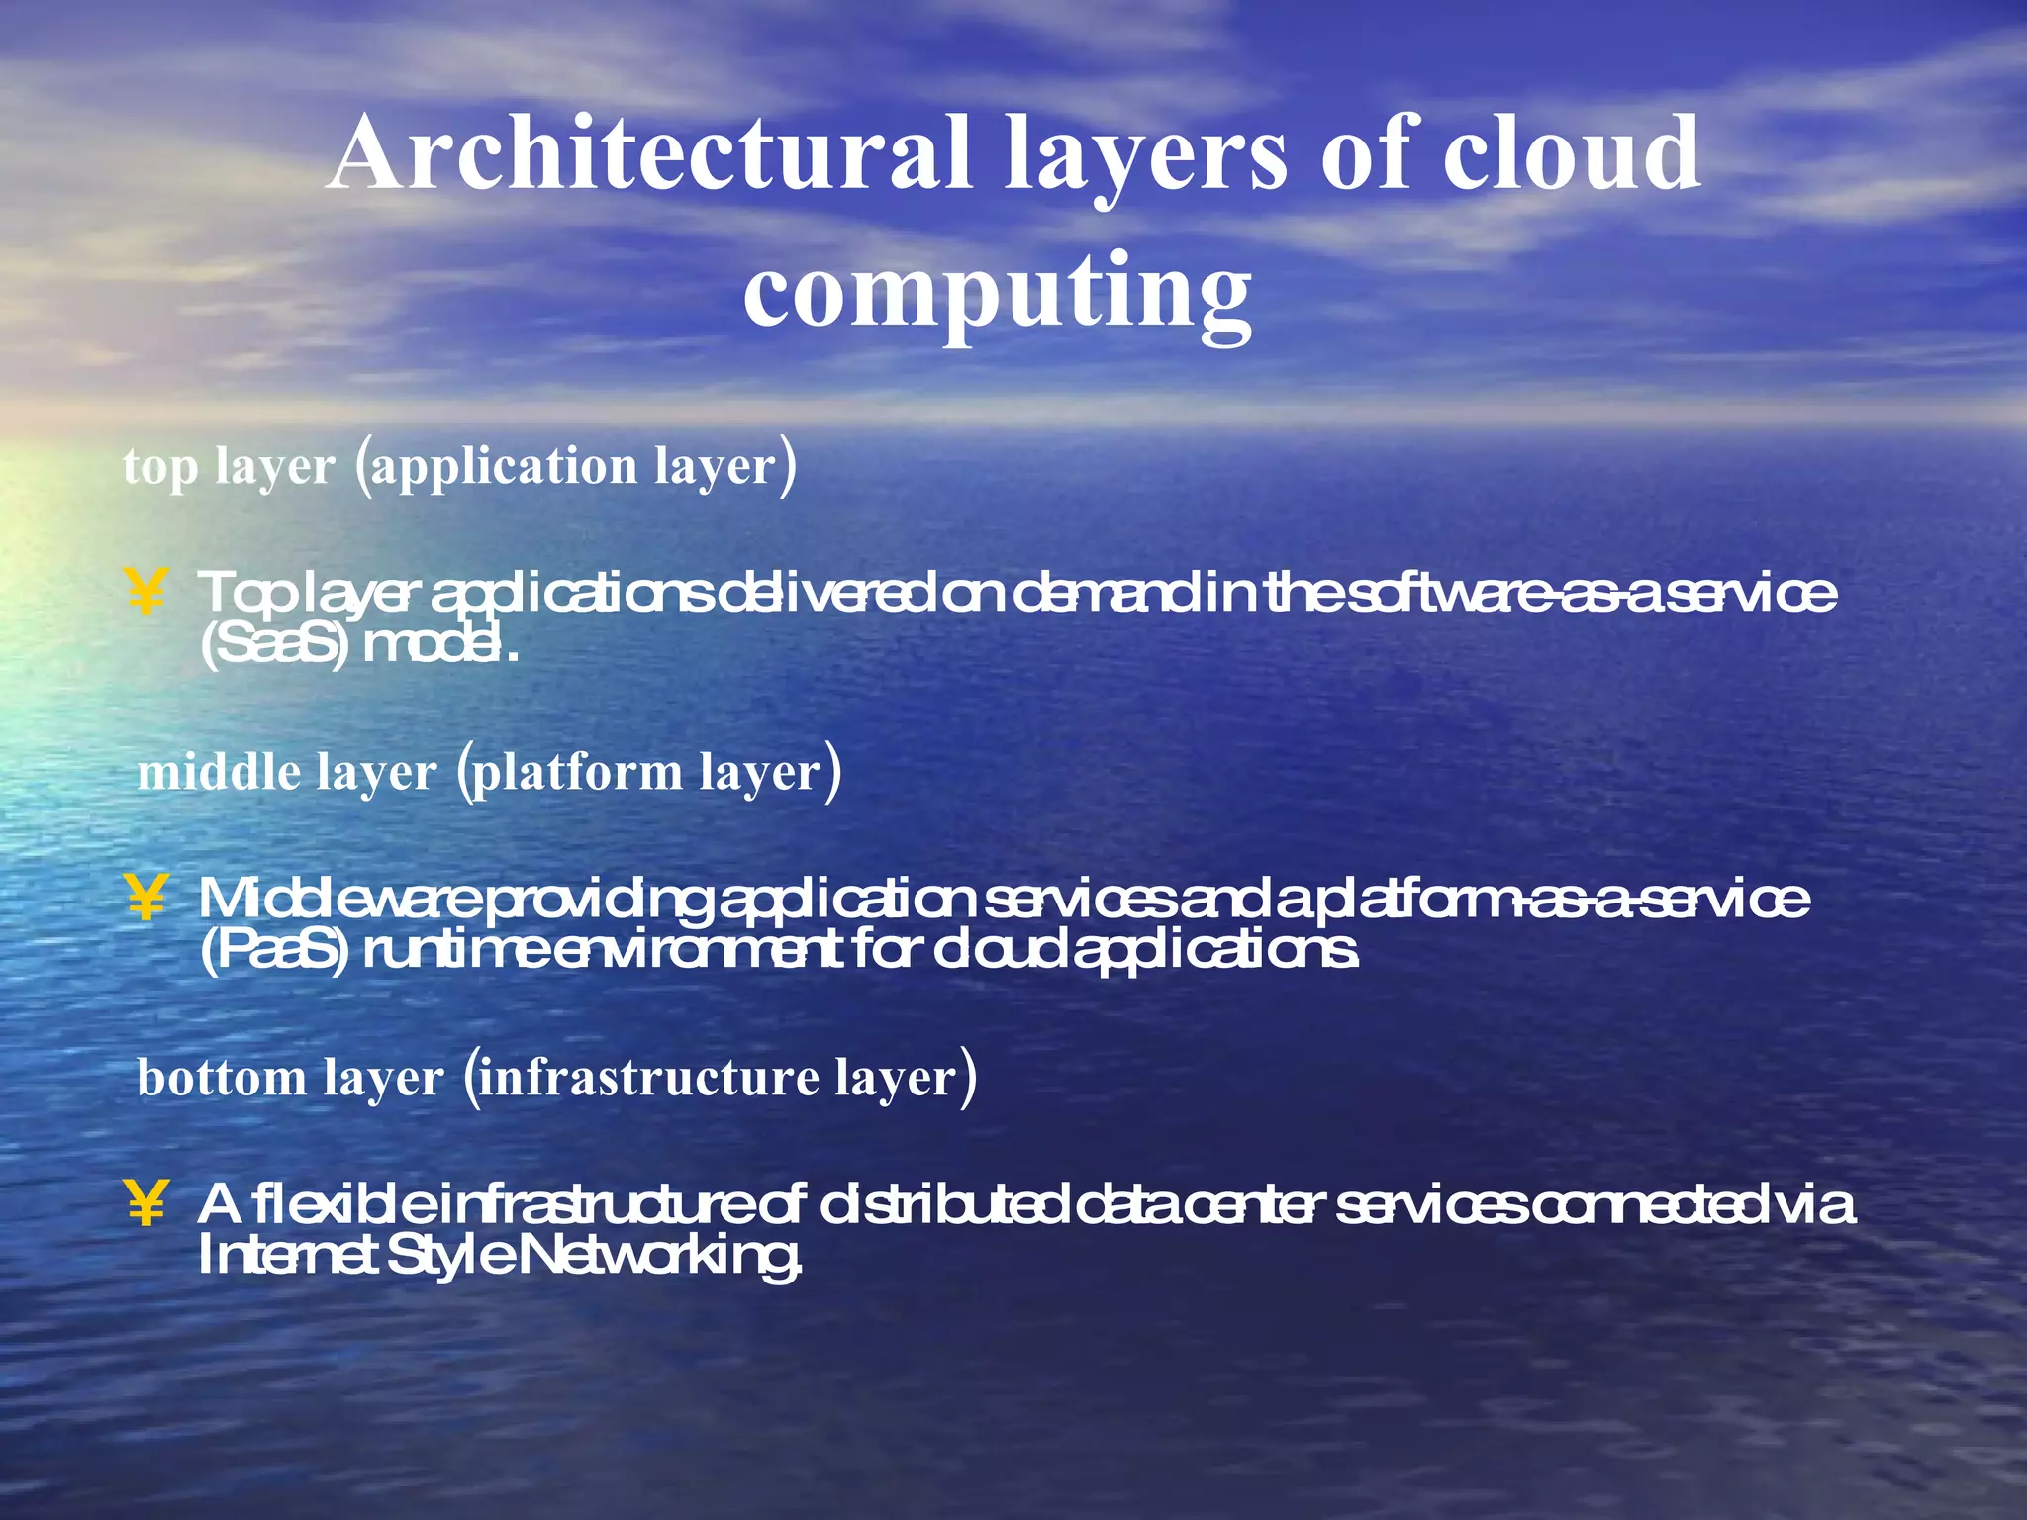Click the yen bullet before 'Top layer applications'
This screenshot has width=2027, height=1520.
(x=145, y=593)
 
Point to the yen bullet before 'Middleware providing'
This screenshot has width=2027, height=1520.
(x=145, y=898)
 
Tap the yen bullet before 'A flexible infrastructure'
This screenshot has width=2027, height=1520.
(x=145, y=1203)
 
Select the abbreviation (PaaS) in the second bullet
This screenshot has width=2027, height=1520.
(x=274, y=952)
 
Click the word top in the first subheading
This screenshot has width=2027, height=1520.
(x=159, y=467)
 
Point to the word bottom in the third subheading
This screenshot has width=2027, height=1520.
(x=222, y=1078)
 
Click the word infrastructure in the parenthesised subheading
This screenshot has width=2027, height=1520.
(x=649, y=1078)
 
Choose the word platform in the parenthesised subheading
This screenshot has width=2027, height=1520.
(x=577, y=773)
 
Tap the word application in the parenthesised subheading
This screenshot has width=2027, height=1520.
(x=505, y=467)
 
